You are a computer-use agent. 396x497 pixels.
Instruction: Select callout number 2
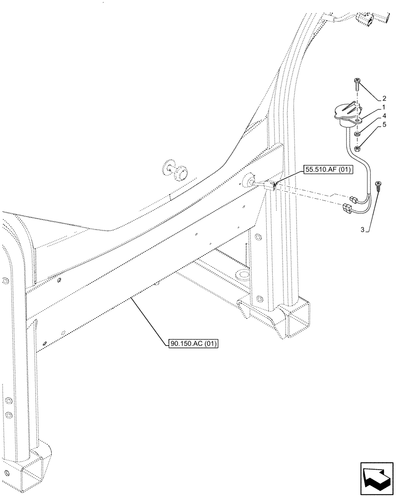(384, 98)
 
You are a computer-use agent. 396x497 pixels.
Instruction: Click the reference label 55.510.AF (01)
(327, 170)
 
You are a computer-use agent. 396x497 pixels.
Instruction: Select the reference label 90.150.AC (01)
(194, 343)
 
